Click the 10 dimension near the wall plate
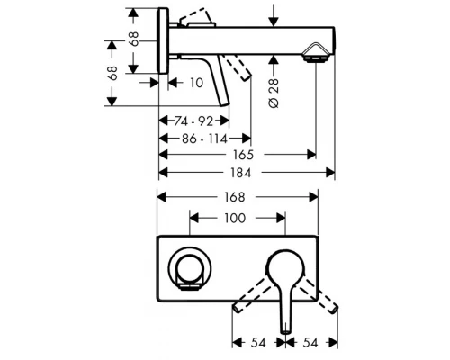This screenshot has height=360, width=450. [x=195, y=82]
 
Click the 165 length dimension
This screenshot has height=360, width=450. [x=238, y=155]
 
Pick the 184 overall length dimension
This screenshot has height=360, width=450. [x=247, y=172]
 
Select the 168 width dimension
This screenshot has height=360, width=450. [x=238, y=196]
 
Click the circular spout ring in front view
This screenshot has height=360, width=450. [x=192, y=267]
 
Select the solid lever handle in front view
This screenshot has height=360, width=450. [x=284, y=288]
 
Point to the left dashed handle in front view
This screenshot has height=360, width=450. [x=252, y=296]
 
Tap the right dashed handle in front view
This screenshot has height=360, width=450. [x=319, y=295]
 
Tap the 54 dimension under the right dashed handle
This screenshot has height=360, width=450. [x=310, y=343]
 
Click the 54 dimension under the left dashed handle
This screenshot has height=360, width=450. [x=259, y=343]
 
